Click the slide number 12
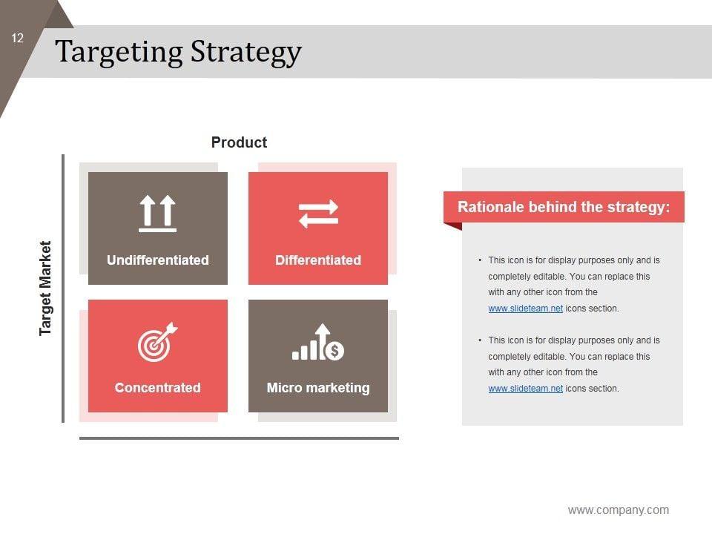coord(17,38)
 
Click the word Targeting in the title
coord(119,52)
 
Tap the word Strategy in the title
coord(245,53)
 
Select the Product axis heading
coord(239,142)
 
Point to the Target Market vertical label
coord(45,288)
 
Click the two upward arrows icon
coord(157,214)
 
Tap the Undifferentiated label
coord(157,260)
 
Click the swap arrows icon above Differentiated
coord(318,214)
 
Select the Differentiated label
coord(318,260)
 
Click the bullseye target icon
coord(157,342)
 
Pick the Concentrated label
coord(157,388)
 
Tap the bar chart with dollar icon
coord(318,342)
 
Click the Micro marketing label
coord(318,388)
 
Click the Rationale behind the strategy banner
coord(564,207)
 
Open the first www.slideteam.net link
coord(525,309)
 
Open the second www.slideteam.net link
coord(525,388)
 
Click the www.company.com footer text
coord(618,510)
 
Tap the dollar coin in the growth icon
coord(335,351)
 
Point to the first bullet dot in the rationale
coord(480,260)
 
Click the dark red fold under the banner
coord(453,226)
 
